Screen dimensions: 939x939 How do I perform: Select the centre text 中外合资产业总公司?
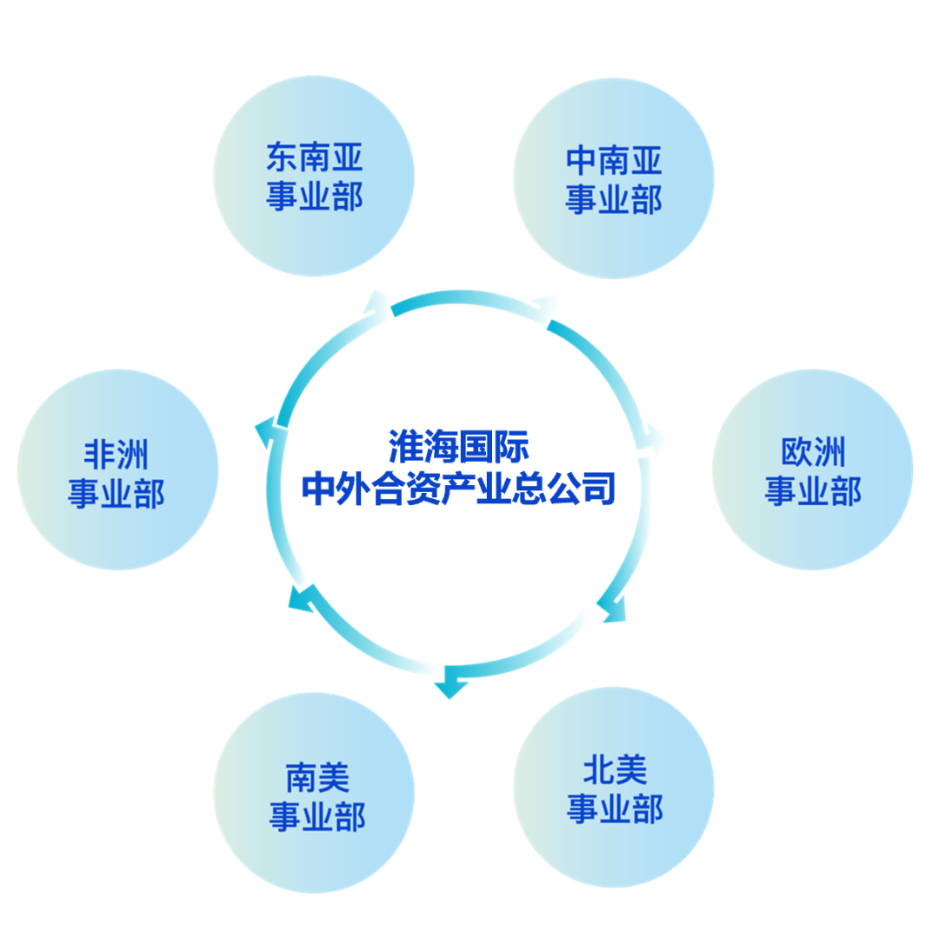pos(458,489)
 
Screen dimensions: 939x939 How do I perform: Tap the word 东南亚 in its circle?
pos(314,158)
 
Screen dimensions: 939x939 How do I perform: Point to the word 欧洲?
pos(813,452)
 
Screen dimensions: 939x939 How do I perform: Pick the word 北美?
pos(615,770)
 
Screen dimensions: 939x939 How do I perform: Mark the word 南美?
pos(316,777)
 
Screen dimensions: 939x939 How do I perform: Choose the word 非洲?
pos(117,455)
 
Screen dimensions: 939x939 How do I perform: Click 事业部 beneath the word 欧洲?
pos(813,491)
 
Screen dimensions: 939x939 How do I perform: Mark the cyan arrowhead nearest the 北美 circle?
pos(613,608)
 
